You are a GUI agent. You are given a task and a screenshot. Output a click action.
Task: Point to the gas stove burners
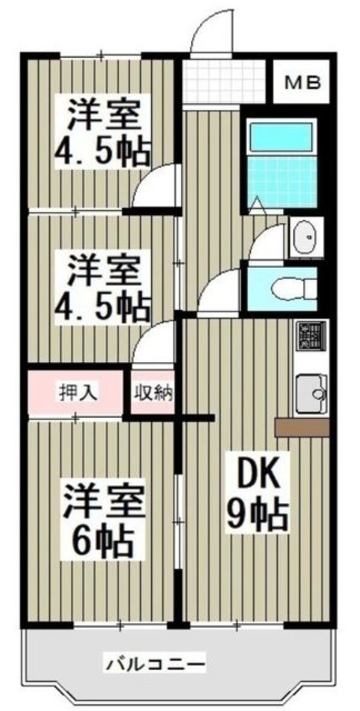[311, 337]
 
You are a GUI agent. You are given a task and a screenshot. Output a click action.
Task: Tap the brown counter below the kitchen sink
[301, 427]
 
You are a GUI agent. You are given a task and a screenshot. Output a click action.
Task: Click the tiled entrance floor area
[224, 81]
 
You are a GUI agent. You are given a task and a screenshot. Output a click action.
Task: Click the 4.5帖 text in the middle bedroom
[102, 306]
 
